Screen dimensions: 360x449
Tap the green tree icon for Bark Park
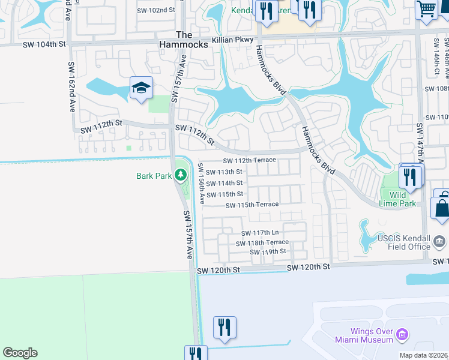[180, 176]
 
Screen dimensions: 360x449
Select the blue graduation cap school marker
[141, 89]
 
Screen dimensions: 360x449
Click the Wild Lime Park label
[397, 199]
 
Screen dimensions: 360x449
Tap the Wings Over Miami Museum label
[372, 335]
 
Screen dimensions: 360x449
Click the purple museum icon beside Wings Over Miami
[403, 334]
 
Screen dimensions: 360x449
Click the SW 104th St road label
[42, 45]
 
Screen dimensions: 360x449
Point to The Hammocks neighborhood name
[184, 40]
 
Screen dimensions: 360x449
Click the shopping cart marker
[427, 10]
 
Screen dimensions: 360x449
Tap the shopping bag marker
[442, 208]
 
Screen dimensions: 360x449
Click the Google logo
[20, 353]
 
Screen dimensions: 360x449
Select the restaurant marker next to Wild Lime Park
[411, 176]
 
